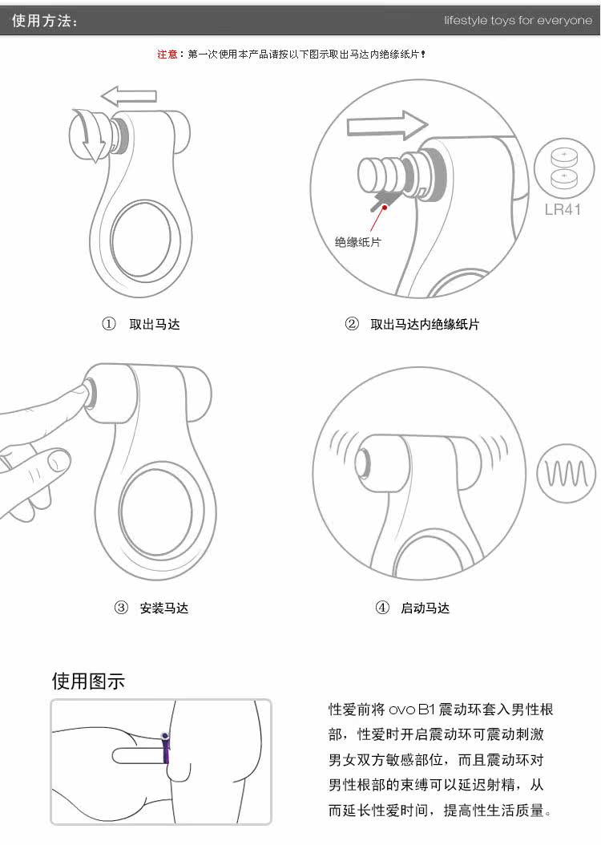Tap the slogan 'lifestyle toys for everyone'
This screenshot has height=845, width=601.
point(518,21)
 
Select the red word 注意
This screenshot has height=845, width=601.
point(167,54)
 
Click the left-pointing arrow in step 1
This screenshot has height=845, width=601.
point(129,96)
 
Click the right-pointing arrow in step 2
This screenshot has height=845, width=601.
point(387,126)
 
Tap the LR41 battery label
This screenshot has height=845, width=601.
point(563,209)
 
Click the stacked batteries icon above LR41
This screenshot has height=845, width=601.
point(564,168)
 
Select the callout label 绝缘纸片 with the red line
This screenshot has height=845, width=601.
point(357,242)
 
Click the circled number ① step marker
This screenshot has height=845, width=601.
point(109,324)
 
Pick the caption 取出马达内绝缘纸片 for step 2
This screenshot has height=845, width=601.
point(425,324)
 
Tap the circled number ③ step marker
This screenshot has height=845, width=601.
point(121,608)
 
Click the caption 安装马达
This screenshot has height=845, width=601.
point(163,608)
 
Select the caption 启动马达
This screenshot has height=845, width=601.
point(425,608)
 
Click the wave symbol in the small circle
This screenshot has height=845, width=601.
point(567,473)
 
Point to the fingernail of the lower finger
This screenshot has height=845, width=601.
point(58,461)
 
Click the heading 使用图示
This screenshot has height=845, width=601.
point(88,681)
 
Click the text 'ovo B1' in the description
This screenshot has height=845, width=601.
point(411,710)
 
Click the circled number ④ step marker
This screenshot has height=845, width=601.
point(381,608)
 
